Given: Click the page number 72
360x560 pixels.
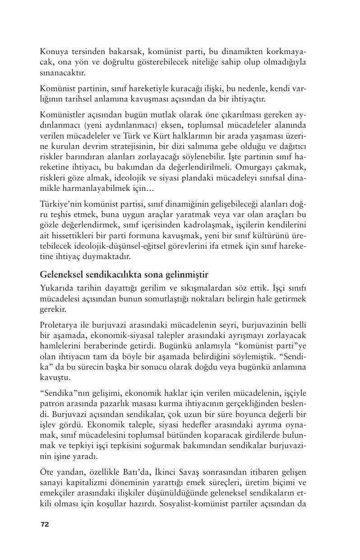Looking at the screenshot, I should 45,524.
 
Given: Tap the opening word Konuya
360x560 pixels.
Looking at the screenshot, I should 52,51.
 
